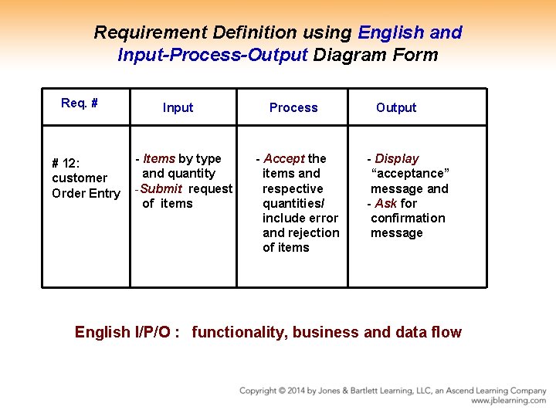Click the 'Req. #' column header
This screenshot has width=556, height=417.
click(79, 103)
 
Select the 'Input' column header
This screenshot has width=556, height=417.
click(178, 108)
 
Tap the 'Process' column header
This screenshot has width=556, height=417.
click(293, 108)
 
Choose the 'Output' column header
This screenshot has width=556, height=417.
click(396, 108)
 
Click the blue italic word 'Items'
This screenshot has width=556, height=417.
click(159, 159)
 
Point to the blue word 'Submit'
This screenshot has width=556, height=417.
click(161, 188)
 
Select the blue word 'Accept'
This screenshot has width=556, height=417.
click(284, 159)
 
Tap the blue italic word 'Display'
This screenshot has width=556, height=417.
click(396, 159)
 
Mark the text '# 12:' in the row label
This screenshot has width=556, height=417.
click(65, 164)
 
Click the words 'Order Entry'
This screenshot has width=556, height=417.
click(86, 194)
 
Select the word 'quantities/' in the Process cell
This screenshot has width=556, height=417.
click(293, 204)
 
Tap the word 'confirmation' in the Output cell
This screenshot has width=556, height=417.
click(408, 219)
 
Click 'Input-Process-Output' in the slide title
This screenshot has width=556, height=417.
click(212, 56)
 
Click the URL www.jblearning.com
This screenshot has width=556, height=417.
click(508, 401)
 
